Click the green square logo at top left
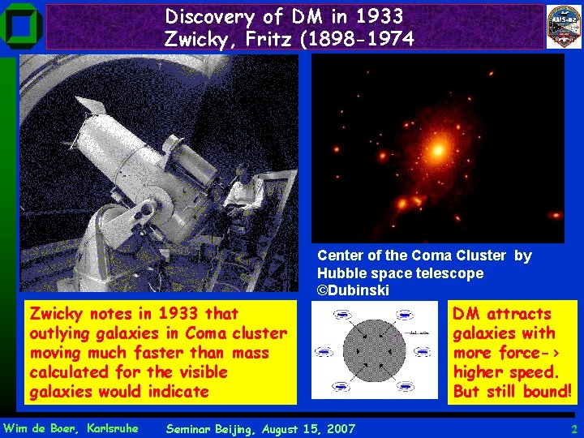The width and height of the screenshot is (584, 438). tap(21, 25)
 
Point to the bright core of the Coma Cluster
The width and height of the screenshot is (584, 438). tap(440, 151)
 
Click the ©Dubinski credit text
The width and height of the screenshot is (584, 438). tap(353, 290)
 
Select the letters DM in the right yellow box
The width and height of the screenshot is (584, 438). tap(466, 314)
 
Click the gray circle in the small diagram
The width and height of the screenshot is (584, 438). tap(372, 352)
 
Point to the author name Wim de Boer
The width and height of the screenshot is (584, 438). tap(39, 427)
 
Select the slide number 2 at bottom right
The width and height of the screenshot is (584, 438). tap(573, 428)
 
